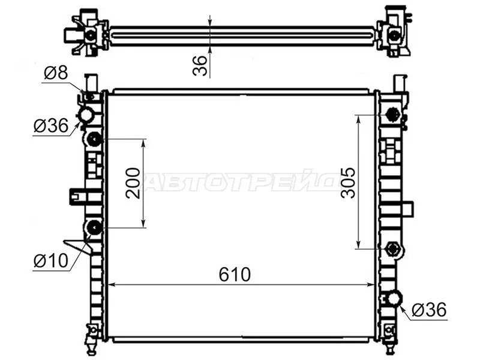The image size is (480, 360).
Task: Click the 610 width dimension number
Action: [234, 274]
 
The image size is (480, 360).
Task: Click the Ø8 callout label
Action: [55, 74]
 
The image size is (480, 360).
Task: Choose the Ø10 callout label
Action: [49, 261]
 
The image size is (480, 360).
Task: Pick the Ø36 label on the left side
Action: [51, 126]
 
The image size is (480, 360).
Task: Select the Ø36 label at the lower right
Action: [430, 310]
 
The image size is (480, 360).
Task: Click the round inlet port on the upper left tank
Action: [86, 115]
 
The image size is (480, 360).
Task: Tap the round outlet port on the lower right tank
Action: [394, 298]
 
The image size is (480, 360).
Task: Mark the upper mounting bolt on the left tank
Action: [94, 140]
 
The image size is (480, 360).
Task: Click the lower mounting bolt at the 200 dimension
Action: [94, 227]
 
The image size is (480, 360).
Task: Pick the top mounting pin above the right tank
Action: [400, 82]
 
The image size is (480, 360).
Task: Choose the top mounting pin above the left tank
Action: [91, 82]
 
